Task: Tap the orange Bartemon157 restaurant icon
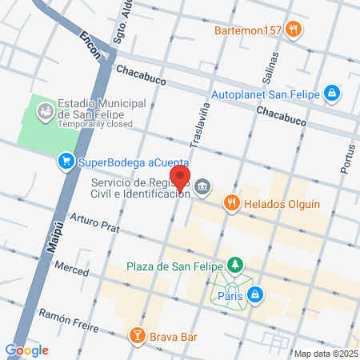[294, 30]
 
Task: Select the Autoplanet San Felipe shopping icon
[332, 94]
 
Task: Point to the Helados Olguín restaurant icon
[232, 203]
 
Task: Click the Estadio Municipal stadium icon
[45, 110]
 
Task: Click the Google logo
[26, 350]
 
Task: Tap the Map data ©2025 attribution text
[325, 354]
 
